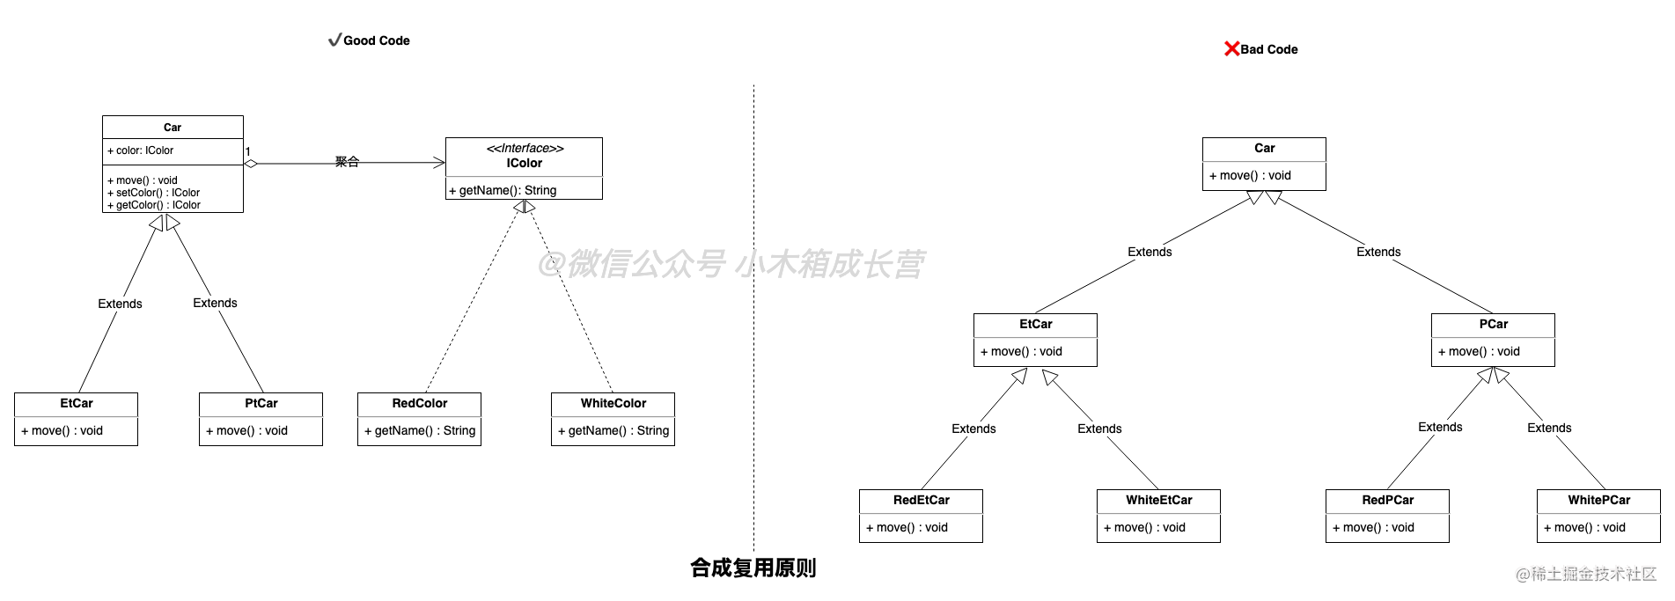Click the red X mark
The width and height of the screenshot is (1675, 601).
(1232, 48)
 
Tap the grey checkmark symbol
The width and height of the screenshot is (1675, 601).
(335, 40)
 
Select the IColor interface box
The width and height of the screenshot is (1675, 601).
(524, 168)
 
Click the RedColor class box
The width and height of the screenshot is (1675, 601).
(419, 419)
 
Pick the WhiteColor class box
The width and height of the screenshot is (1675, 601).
(613, 419)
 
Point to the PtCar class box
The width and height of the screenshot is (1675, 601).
(261, 419)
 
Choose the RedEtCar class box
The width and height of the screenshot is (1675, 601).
(921, 516)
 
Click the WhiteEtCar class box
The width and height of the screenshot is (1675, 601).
(1158, 516)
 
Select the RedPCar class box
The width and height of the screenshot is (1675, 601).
(1387, 516)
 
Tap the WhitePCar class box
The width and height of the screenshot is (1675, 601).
(1598, 516)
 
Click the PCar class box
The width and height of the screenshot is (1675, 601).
(1493, 340)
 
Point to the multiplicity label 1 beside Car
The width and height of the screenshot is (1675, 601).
(248, 152)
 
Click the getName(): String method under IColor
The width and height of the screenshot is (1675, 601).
(503, 190)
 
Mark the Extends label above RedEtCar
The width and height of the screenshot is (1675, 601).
(973, 429)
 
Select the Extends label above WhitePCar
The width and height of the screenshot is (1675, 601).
(1549, 428)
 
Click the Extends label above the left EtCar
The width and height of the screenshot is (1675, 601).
(120, 304)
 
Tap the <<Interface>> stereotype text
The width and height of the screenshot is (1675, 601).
(525, 148)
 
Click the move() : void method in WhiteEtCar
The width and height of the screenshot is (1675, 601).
(1145, 527)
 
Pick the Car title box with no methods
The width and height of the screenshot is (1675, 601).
(173, 128)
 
